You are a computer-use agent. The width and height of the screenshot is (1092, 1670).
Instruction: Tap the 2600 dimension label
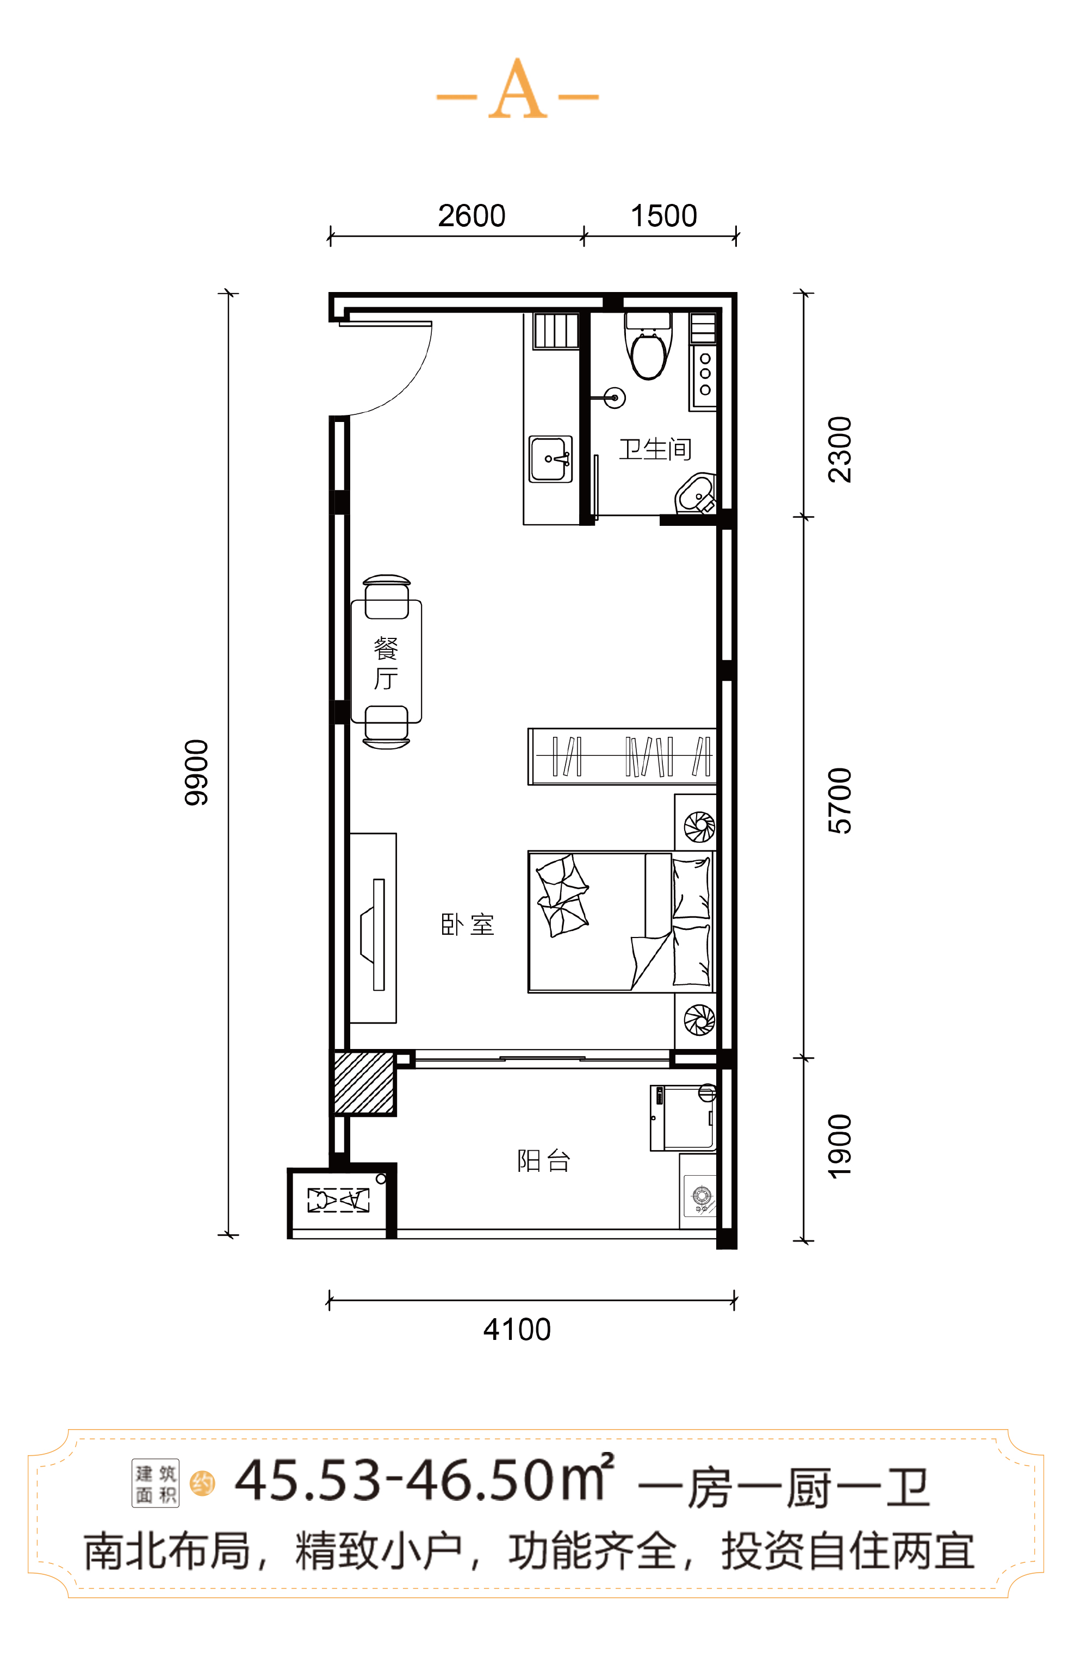[x=471, y=216]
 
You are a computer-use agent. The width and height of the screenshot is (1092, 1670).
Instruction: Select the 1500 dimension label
[x=664, y=216]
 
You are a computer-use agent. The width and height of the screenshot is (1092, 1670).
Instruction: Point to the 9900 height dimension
[x=196, y=773]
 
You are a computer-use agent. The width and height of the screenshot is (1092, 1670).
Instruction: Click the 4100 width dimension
[x=517, y=1330]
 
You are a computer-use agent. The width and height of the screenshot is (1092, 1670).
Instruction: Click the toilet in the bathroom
[x=648, y=346]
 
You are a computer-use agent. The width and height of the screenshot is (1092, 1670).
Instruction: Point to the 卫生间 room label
[x=655, y=449]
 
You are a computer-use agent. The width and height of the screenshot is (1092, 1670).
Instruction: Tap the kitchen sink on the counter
[x=551, y=459]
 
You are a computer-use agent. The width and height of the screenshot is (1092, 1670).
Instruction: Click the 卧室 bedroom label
[x=467, y=925]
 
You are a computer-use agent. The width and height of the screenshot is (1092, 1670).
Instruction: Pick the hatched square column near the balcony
[x=363, y=1083]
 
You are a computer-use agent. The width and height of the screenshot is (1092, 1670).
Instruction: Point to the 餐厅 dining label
[x=386, y=663]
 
